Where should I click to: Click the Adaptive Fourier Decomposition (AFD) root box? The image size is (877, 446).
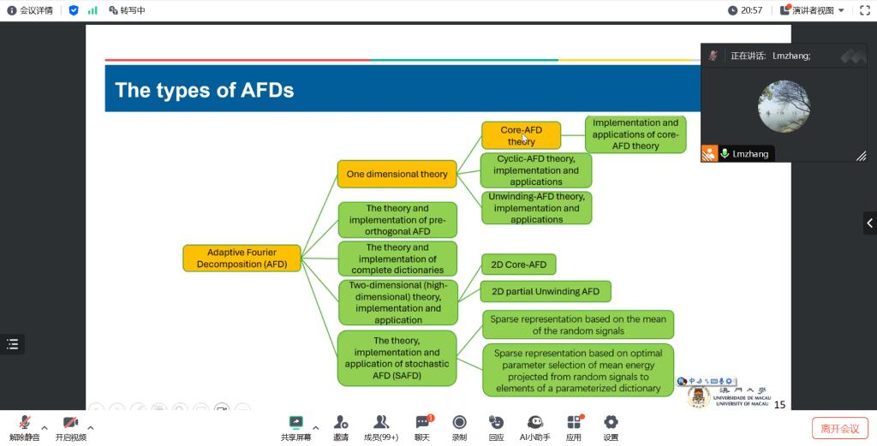pyautogui.click(x=242, y=259)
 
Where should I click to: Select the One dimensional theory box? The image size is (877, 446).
pyautogui.click(x=397, y=174)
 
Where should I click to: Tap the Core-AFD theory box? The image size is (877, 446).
pyautogui.click(x=521, y=135)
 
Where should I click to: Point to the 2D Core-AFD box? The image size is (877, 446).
pyautogui.click(x=519, y=265)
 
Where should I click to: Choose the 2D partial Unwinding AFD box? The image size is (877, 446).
pyautogui.click(x=546, y=291)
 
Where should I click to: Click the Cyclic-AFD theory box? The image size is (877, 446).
pyautogui.click(x=536, y=170)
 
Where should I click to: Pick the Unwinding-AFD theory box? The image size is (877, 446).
pyautogui.click(x=536, y=208)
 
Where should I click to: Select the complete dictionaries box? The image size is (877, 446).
pyautogui.click(x=397, y=259)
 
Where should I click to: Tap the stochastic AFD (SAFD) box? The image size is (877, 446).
pyautogui.click(x=397, y=358)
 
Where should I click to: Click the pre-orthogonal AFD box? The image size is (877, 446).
pyautogui.click(x=397, y=220)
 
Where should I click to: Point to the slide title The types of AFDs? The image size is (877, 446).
pyautogui.click(x=205, y=90)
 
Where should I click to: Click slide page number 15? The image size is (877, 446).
pyautogui.click(x=779, y=405)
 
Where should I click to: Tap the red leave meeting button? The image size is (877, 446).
pyautogui.click(x=839, y=428)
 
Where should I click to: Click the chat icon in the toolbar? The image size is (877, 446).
pyautogui.click(x=422, y=423)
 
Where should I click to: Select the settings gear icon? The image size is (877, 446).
pyautogui.click(x=611, y=423)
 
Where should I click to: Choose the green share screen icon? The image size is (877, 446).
pyautogui.click(x=295, y=423)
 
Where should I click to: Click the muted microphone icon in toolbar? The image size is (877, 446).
pyautogui.click(x=25, y=423)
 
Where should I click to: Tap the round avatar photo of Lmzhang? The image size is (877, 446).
pyautogui.click(x=784, y=106)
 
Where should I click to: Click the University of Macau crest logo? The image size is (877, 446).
pyautogui.click(x=699, y=396)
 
